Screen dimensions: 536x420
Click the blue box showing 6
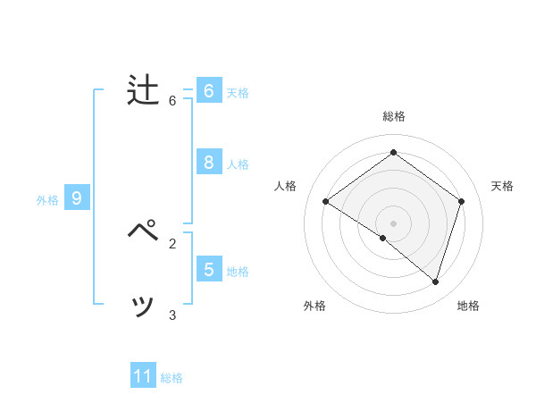tap(209, 90)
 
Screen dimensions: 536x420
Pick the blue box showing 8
tap(209, 162)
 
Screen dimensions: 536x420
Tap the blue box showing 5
tap(209, 269)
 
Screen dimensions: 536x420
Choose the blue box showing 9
tap(77, 198)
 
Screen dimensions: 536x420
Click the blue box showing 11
tap(143, 376)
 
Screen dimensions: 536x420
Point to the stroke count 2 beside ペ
tap(172, 242)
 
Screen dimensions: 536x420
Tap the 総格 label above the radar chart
tap(393, 116)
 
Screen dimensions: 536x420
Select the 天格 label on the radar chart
tap(502, 186)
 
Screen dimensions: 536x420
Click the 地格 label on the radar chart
tap(468, 306)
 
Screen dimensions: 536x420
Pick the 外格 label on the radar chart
tap(314, 306)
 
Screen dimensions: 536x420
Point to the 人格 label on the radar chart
tap(285, 186)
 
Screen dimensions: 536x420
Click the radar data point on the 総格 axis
tap(393, 152)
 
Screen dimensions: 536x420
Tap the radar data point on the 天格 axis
tap(462, 201)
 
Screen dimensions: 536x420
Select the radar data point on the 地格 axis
tap(436, 281)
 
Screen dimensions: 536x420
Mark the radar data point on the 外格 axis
tap(383, 238)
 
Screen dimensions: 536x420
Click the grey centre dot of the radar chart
tap(393, 223)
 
